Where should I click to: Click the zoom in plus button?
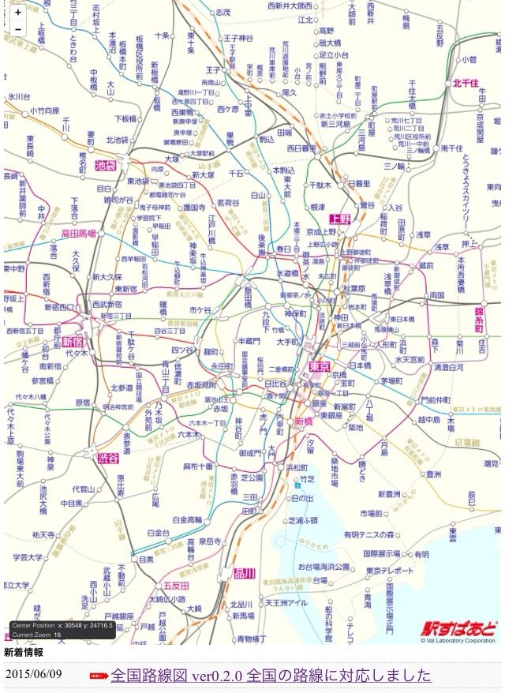pyautogui.click(x=17, y=13)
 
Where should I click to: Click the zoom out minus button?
pyautogui.click(x=17, y=29)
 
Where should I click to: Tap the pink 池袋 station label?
pyautogui.click(x=105, y=166)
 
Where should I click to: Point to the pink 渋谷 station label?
pyautogui.click(x=108, y=458)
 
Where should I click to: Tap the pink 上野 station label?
pyautogui.click(x=340, y=219)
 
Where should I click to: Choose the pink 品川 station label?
pyautogui.click(x=243, y=573)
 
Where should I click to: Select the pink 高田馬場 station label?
pyautogui.click(x=78, y=234)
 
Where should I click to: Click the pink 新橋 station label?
pyautogui.click(x=303, y=421)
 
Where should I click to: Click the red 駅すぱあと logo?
pyautogui.click(x=458, y=628)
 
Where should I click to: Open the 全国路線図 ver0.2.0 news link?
pyautogui.click(x=271, y=676)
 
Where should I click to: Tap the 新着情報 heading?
pyautogui.click(x=24, y=653)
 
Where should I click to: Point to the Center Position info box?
pyautogui.click(x=62, y=629)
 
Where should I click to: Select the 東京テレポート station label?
pyautogui.click(x=389, y=570)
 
